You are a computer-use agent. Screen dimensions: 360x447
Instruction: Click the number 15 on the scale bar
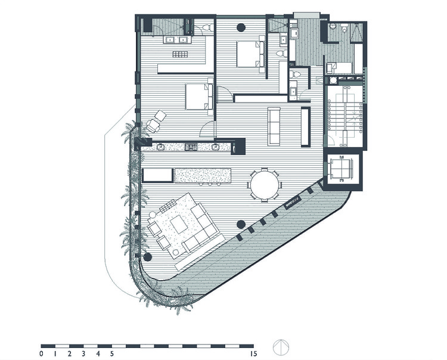pyautogui.click(x=254, y=354)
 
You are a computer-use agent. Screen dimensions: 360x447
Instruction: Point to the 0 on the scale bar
pyautogui.click(x=41, y=354)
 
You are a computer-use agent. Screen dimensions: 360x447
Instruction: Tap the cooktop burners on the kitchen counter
pyautogui.click(x=191, y=146)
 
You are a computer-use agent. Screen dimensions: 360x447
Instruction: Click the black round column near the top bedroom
pyautogui.click(x=241, y=27)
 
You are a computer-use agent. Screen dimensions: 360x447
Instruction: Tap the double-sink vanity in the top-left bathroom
pyautogui.click(x=176, y=40)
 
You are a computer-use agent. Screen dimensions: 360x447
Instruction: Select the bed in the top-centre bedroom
pyautogui.click(x=250, y=54)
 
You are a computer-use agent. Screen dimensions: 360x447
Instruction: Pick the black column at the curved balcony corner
pyautogui.click(x=147, y=257)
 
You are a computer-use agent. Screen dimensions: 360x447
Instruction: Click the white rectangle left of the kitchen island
pyautogui.click(x=157, y=175)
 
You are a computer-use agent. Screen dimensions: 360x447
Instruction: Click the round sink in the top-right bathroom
pyautogui.click(x=331, y=27)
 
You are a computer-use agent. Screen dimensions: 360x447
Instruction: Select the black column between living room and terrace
pyautogui.click(x=241, y=224)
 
